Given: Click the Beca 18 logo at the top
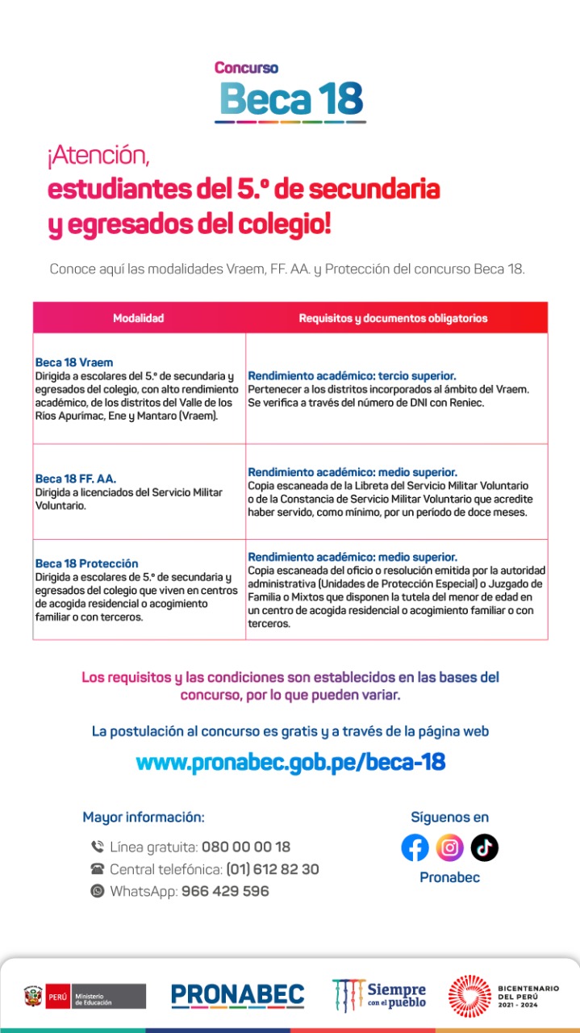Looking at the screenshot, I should coord(290,93).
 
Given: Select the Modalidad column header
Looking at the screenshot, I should coord(139,318).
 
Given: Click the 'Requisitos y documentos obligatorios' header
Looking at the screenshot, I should coord(393,318).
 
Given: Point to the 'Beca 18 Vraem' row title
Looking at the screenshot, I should coord(74,362).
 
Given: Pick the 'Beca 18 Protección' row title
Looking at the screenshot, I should coord(87,563).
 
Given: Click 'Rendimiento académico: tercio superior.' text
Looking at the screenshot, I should coord(352,376).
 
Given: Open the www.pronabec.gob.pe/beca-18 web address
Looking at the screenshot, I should coord(290,762).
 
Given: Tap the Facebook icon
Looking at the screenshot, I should coord(415,847).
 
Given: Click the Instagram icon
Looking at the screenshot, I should coord(450,847).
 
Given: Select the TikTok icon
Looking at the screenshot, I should coord(485,847).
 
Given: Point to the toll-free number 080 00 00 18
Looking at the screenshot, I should coord(246,847).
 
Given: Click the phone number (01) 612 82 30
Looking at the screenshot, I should coord(273,869).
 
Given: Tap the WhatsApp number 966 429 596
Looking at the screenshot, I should coord(225,891).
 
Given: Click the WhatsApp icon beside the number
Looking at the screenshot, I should coord(98,891).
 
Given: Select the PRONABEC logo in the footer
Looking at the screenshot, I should coord(237,995).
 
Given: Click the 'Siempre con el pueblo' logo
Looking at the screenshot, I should coord(379,995).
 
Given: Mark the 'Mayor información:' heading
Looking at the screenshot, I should coord(144,817).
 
